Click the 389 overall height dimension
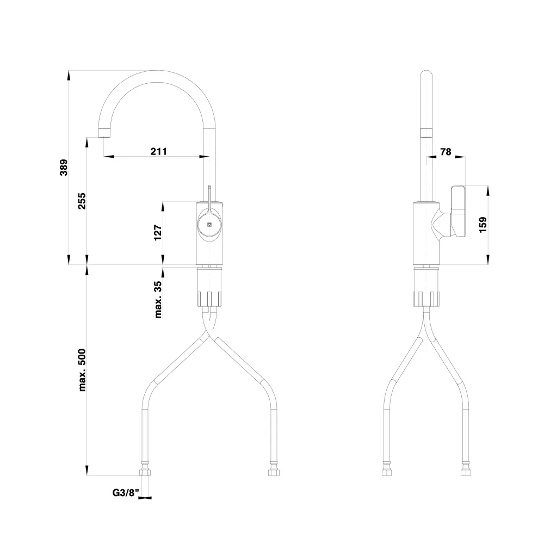coord(64,168)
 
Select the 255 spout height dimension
coord(82,201)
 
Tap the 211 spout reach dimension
coord(158,151)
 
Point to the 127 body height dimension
coord(158,233)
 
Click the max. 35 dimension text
coord(158,299)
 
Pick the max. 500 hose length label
coord(82,370)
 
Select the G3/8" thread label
coord(126,493)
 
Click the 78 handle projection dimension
coord(446,152)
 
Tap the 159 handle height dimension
coord(483,225)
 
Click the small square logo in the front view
coord(209,225)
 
